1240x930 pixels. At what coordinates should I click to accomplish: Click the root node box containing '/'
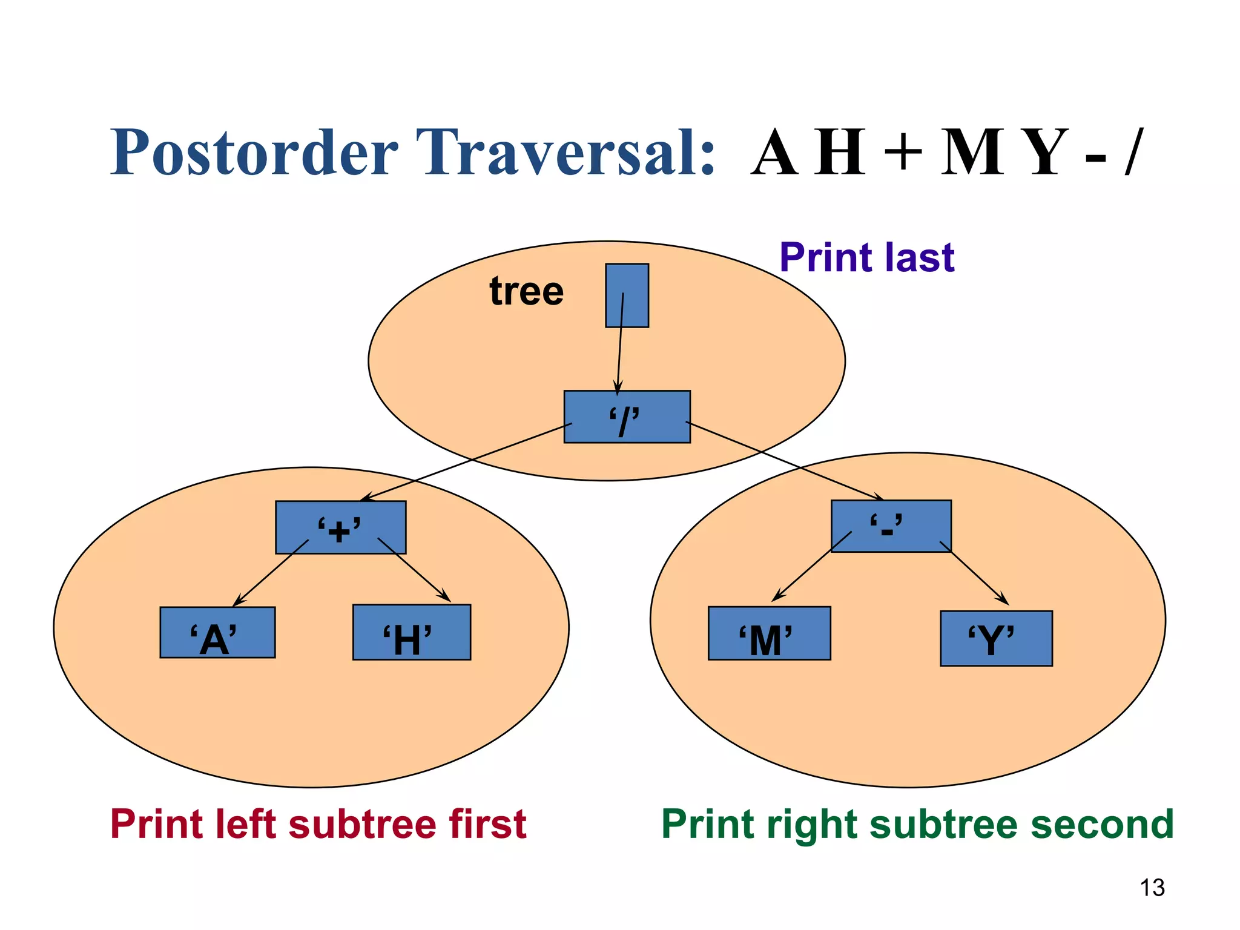pos(627,417)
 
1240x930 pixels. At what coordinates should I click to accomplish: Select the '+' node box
pos(340,527)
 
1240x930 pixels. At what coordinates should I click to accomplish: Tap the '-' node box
pos(891,526)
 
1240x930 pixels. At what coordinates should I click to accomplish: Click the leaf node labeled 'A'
pos(217,632)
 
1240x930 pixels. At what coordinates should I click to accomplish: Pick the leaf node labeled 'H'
pos(411,632)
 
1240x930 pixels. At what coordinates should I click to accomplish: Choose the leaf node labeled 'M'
pos(769,633)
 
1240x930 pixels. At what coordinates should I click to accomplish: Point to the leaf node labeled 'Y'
pos(995,638)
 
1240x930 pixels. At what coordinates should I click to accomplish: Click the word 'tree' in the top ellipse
pos(526,291)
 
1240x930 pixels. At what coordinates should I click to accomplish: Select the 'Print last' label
pos(866,257)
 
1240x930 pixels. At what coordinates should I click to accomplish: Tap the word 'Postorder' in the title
pos(254,153)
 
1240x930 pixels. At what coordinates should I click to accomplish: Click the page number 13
pos(1152,888)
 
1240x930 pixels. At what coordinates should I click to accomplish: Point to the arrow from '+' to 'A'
pos(271,573)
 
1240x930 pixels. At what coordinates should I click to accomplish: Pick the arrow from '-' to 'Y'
pos(975,573)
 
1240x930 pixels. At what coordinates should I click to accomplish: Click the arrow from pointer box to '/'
pos(620,345)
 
